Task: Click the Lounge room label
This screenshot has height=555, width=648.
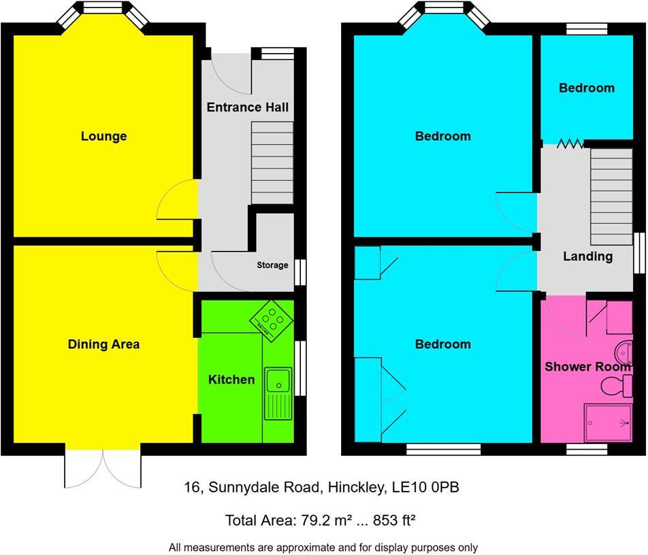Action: point(103,136)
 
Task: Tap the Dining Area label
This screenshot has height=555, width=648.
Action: point(103,344)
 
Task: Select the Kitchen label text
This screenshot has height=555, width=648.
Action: point(231,380)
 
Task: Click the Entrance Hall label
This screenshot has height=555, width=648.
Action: point(247,107)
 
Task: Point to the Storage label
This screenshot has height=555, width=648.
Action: point(272,265)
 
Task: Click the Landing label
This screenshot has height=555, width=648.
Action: point(587,256)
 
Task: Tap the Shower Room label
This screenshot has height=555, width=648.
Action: point(587,367)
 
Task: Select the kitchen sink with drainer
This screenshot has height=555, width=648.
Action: point(279,394)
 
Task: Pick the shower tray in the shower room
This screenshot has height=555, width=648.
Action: point(609,422)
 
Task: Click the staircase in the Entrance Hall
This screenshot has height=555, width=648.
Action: point(273,163)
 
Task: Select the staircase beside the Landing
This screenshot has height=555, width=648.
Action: point(611,197)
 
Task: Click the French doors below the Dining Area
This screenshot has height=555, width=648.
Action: point(103,469)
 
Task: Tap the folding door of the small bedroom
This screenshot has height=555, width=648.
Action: point(568,144)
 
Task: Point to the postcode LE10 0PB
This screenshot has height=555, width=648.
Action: point(430,487)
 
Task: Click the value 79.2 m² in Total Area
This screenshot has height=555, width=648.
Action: point(322,521)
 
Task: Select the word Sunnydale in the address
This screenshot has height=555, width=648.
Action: point(263,487)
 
